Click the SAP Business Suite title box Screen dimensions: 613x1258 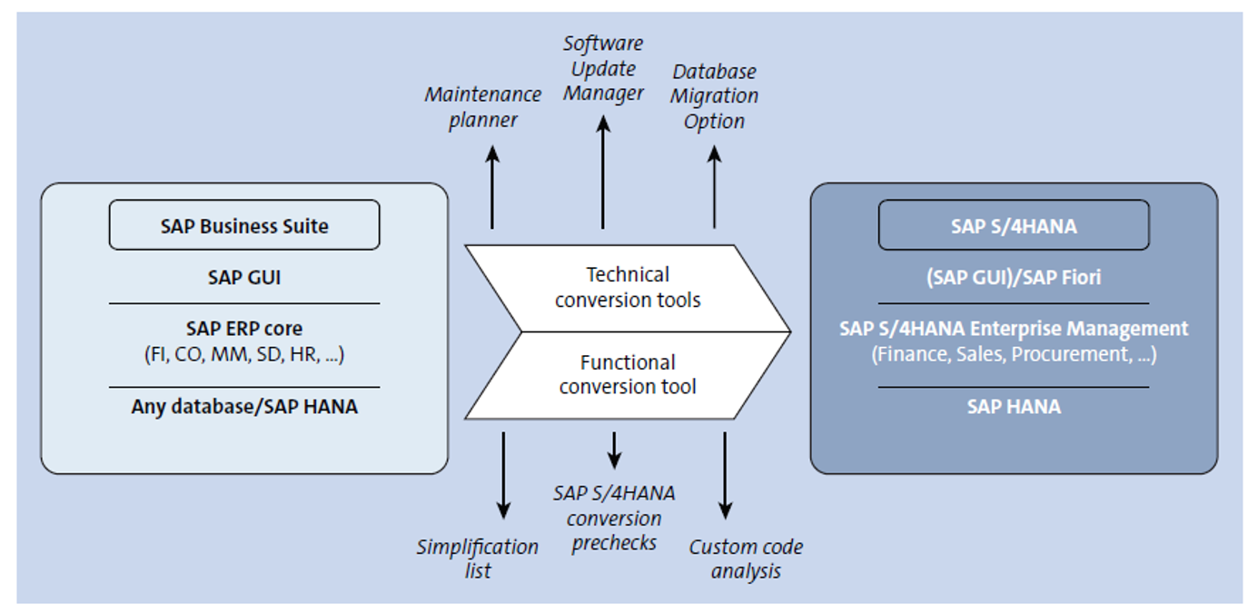pos(244,225)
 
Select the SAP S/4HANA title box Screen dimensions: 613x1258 pos(1013,225)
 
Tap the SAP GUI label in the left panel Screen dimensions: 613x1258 pos(244,277)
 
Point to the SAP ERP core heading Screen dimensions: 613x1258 pos(244,328)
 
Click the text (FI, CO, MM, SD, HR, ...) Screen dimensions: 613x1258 pos(244,354)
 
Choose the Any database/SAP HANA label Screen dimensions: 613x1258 pos(244,406)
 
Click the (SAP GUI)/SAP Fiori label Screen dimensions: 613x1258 pos(1013,277)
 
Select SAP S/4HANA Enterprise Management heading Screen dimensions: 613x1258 pos(1013,328)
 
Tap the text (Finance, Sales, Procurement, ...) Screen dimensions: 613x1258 pos(1013,354)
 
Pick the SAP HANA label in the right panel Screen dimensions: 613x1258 pos(1013,406)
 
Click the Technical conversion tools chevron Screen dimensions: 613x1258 pos(628,287)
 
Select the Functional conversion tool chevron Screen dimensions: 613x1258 pos(628,375)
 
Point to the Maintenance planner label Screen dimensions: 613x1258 pos(482,107)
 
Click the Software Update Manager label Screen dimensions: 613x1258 pos(602,68)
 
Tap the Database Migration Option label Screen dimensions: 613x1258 pos(715,96)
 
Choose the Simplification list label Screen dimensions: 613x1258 pos(478,559)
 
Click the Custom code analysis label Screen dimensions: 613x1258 pos(746,559)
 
